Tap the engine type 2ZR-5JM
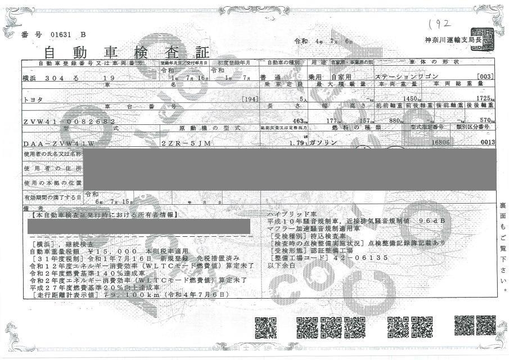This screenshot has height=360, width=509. tap(186, 143)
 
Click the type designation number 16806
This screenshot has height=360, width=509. tap(438, 143)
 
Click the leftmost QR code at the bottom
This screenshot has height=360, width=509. tap(263, 327)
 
